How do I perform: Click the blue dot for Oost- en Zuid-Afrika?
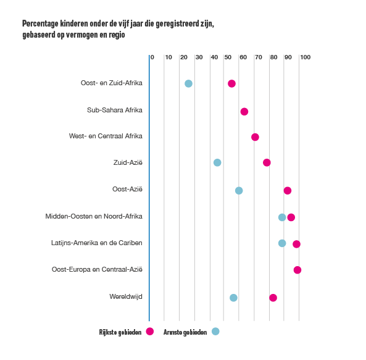[x=188, y=83]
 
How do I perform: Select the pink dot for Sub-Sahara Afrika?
[x=244, y=112]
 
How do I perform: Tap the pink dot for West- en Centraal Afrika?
[x=255, y=137]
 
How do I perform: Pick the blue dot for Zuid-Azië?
[x=217, y=162]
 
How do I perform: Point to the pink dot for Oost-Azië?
[x=288, y=191]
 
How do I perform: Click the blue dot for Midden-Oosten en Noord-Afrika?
[x=282, y=217]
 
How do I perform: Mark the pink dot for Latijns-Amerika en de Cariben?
[x=296, y=244]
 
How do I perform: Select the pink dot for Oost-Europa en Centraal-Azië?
[x=297, y=270]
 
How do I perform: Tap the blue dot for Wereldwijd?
[x=233, y=298]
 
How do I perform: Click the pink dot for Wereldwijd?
[x=273, y=298]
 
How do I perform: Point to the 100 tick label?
[x=305, y=57]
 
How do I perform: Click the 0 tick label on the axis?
[x=152, y=57]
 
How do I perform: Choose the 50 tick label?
[x=228, y=57]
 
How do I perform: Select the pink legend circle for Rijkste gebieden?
[x=150, y=331]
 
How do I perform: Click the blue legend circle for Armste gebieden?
[x=215, y=331]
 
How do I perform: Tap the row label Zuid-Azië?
[x=128, y=162]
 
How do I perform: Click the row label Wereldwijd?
[x=126, y=296]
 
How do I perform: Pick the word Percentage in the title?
[x=40, y=24]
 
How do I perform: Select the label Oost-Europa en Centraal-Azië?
[x=97, y=269]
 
